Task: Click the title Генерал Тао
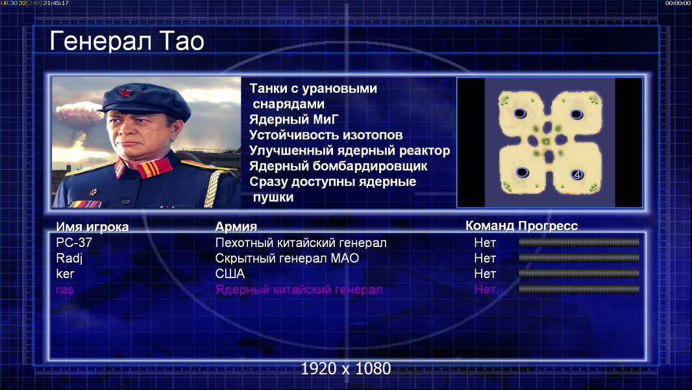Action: pos(127,41)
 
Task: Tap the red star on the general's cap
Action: pos(125,93)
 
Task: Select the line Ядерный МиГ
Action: pos(293,119)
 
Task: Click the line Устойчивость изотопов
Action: pos(326,135)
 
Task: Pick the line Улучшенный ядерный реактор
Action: pos(349,151)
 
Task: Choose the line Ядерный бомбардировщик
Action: pos(338,166)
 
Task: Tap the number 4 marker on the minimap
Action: pos(577,175)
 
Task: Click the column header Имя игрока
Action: pos(92,227)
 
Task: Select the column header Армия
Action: pos(236,227)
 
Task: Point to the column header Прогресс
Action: pos(548,226)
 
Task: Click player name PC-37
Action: pos(74,242)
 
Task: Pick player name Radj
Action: pos(69,259)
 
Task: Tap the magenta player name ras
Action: pos(65,290)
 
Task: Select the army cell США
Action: pos(230,274)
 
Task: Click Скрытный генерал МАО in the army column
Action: pos(287,258)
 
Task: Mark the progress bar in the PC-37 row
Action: pos(579,242)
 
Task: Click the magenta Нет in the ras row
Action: pos(485,289)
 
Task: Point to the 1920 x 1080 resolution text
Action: pos(346,369)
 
